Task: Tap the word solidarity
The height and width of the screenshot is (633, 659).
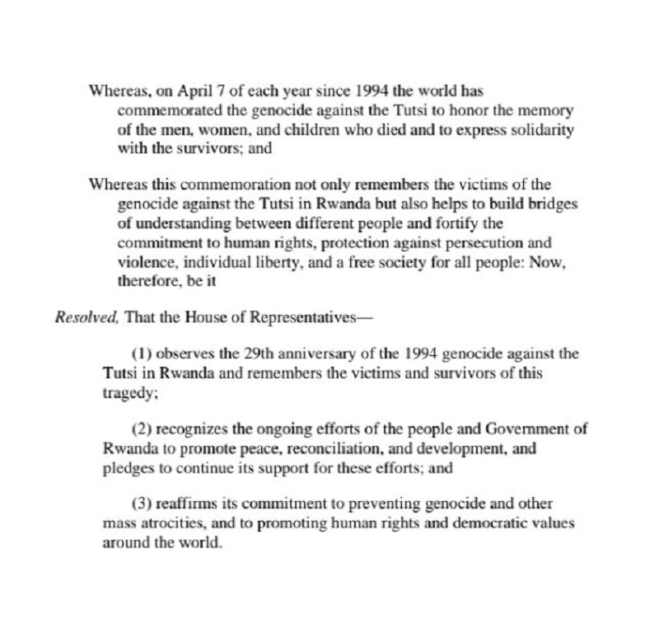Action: (522, 129)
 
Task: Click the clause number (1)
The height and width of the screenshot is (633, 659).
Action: (142, 354)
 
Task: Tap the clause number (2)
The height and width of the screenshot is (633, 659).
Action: (142, 429)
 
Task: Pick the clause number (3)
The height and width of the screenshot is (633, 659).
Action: (142, 505)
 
